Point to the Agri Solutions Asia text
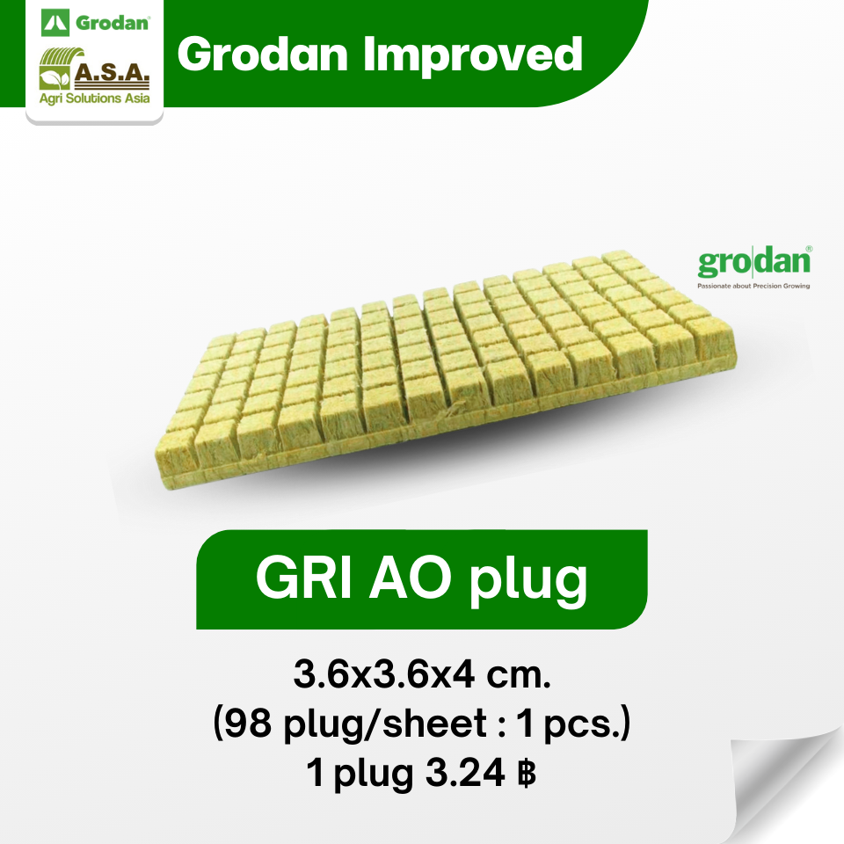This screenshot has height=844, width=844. pyautogui.click(x=95, y=98)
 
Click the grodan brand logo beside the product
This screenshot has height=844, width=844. pyautogui.click(x=753, y=263)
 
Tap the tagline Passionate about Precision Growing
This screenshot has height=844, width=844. pyautogui.click(x=753, y=286)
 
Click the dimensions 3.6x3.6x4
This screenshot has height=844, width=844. pyautogui.click(x=387, y=677)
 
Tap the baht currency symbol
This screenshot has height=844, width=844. pyautogui.click(x=526, y=773)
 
